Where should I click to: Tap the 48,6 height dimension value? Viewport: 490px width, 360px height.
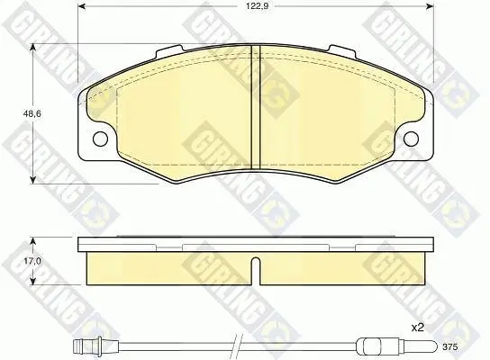tap(32, 113)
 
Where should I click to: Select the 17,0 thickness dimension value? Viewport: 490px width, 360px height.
tap(32, 260)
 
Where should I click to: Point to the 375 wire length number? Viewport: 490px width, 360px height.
tap(450, 346)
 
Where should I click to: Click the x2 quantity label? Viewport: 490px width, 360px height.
tap(418, 328)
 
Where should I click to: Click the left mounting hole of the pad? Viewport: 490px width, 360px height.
tap(101, 139)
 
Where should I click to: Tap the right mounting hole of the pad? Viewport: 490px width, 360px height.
tap(411, 139)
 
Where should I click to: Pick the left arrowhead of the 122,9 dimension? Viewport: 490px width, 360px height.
tap(81, 6)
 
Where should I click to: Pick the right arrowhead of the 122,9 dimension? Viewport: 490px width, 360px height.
tap(430, 6)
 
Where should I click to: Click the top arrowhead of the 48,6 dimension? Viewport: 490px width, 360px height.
tap(32, 48)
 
